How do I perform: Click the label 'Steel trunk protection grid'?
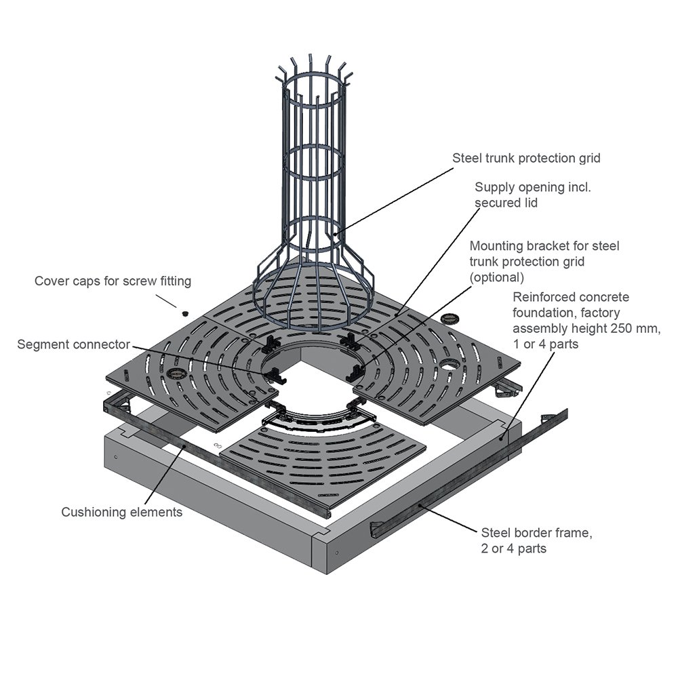[x=526, y=158]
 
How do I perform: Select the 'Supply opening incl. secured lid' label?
[x=532, y=195]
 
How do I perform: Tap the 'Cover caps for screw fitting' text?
[x=113, y=281]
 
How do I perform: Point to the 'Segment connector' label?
[x=74, y=344]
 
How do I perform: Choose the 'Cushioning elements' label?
[x=122, y=512]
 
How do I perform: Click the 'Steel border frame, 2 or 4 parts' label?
[x=536, y=540]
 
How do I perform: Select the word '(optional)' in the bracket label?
[x=497, y=277]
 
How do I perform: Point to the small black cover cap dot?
[x=184, y=313]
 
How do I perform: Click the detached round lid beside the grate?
[x=450, y=317]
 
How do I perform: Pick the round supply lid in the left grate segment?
[x=178, y=374]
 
